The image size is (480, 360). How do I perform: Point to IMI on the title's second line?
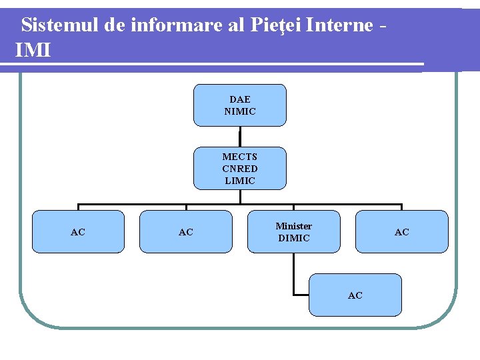coord(32,50)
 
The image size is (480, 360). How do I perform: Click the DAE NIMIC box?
coord(240,105)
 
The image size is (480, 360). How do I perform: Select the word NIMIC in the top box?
coord(240,111)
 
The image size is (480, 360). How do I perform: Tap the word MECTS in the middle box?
coord(240,157)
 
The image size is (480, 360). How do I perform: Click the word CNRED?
coord(240,169)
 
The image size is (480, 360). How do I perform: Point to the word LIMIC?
coord(240,181)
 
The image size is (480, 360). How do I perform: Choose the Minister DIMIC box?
coord(294,232)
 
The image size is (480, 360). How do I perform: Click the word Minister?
coord(294,226)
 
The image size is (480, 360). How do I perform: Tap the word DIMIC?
coord(294,238)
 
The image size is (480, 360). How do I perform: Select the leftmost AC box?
coord(78,232)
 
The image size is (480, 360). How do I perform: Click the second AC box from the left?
coord(186,232)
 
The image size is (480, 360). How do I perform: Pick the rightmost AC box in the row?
coord(402,232)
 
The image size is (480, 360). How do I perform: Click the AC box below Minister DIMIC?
coord(355,295)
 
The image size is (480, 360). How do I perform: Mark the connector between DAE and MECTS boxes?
coord(240,137)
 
